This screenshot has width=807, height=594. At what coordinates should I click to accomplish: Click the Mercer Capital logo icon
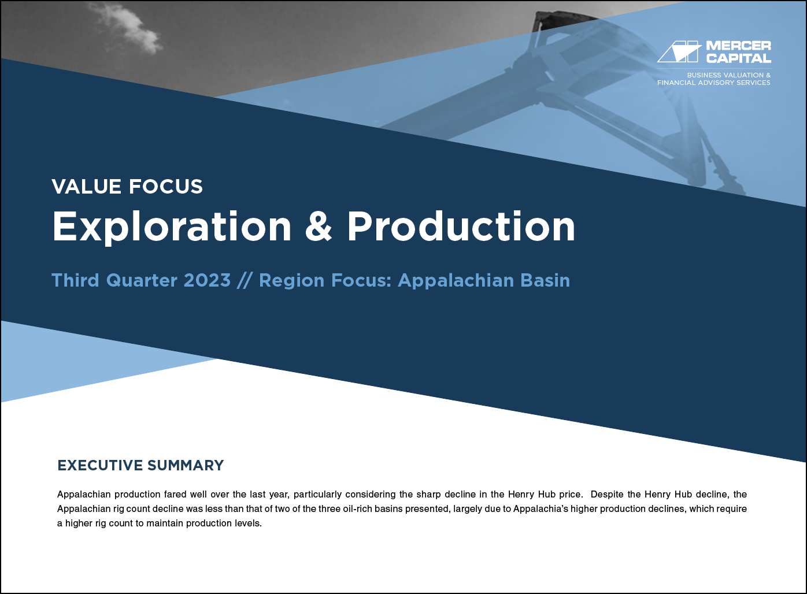click(x=679, y=52)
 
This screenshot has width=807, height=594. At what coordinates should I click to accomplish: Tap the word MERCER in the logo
click(x=739, y=46)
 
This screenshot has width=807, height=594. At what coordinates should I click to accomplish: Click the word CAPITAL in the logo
click(x=739, y=58)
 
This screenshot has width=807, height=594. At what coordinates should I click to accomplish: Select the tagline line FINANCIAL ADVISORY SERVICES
click(x=714, y=83)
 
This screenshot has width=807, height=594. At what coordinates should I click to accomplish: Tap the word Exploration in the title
click(x=172, y=227)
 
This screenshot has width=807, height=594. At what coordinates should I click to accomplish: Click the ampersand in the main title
click(x=319, y=226)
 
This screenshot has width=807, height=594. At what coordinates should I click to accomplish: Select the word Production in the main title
click(x=461, y=226)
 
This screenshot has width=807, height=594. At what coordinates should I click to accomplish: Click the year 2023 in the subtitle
click(x=207, y=280)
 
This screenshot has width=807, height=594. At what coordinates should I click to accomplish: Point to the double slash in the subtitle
click(x=245, y=280)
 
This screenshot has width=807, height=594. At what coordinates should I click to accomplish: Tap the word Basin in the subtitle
click(x=545, y=280)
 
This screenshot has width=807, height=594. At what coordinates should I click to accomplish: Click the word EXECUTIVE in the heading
click(x=100, y=466)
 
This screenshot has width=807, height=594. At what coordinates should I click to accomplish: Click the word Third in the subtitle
click(x=75, y=280)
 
